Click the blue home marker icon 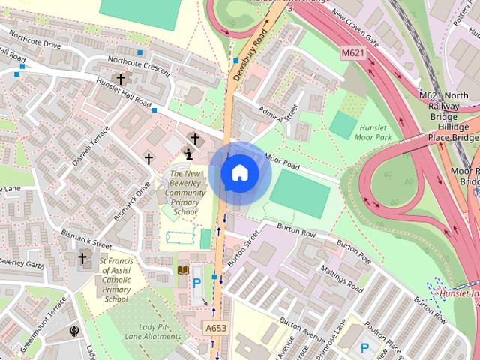click(239, 174)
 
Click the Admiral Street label click(277, 113)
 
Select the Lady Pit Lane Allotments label click(159, 332)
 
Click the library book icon click(183, 269)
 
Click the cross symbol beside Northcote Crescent click(120, 79)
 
